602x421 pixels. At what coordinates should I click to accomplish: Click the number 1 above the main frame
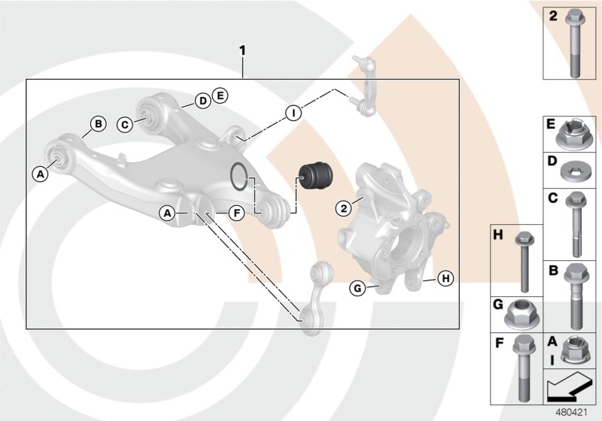coord(242,51)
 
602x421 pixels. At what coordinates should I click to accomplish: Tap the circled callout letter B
coord(97,124)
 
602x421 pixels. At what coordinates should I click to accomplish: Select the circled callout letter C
coord(126,124)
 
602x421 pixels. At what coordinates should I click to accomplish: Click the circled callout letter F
coord(236,214)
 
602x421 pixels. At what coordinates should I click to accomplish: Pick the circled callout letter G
coord(358,287)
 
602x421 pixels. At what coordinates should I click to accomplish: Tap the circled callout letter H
coord(445,278)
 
